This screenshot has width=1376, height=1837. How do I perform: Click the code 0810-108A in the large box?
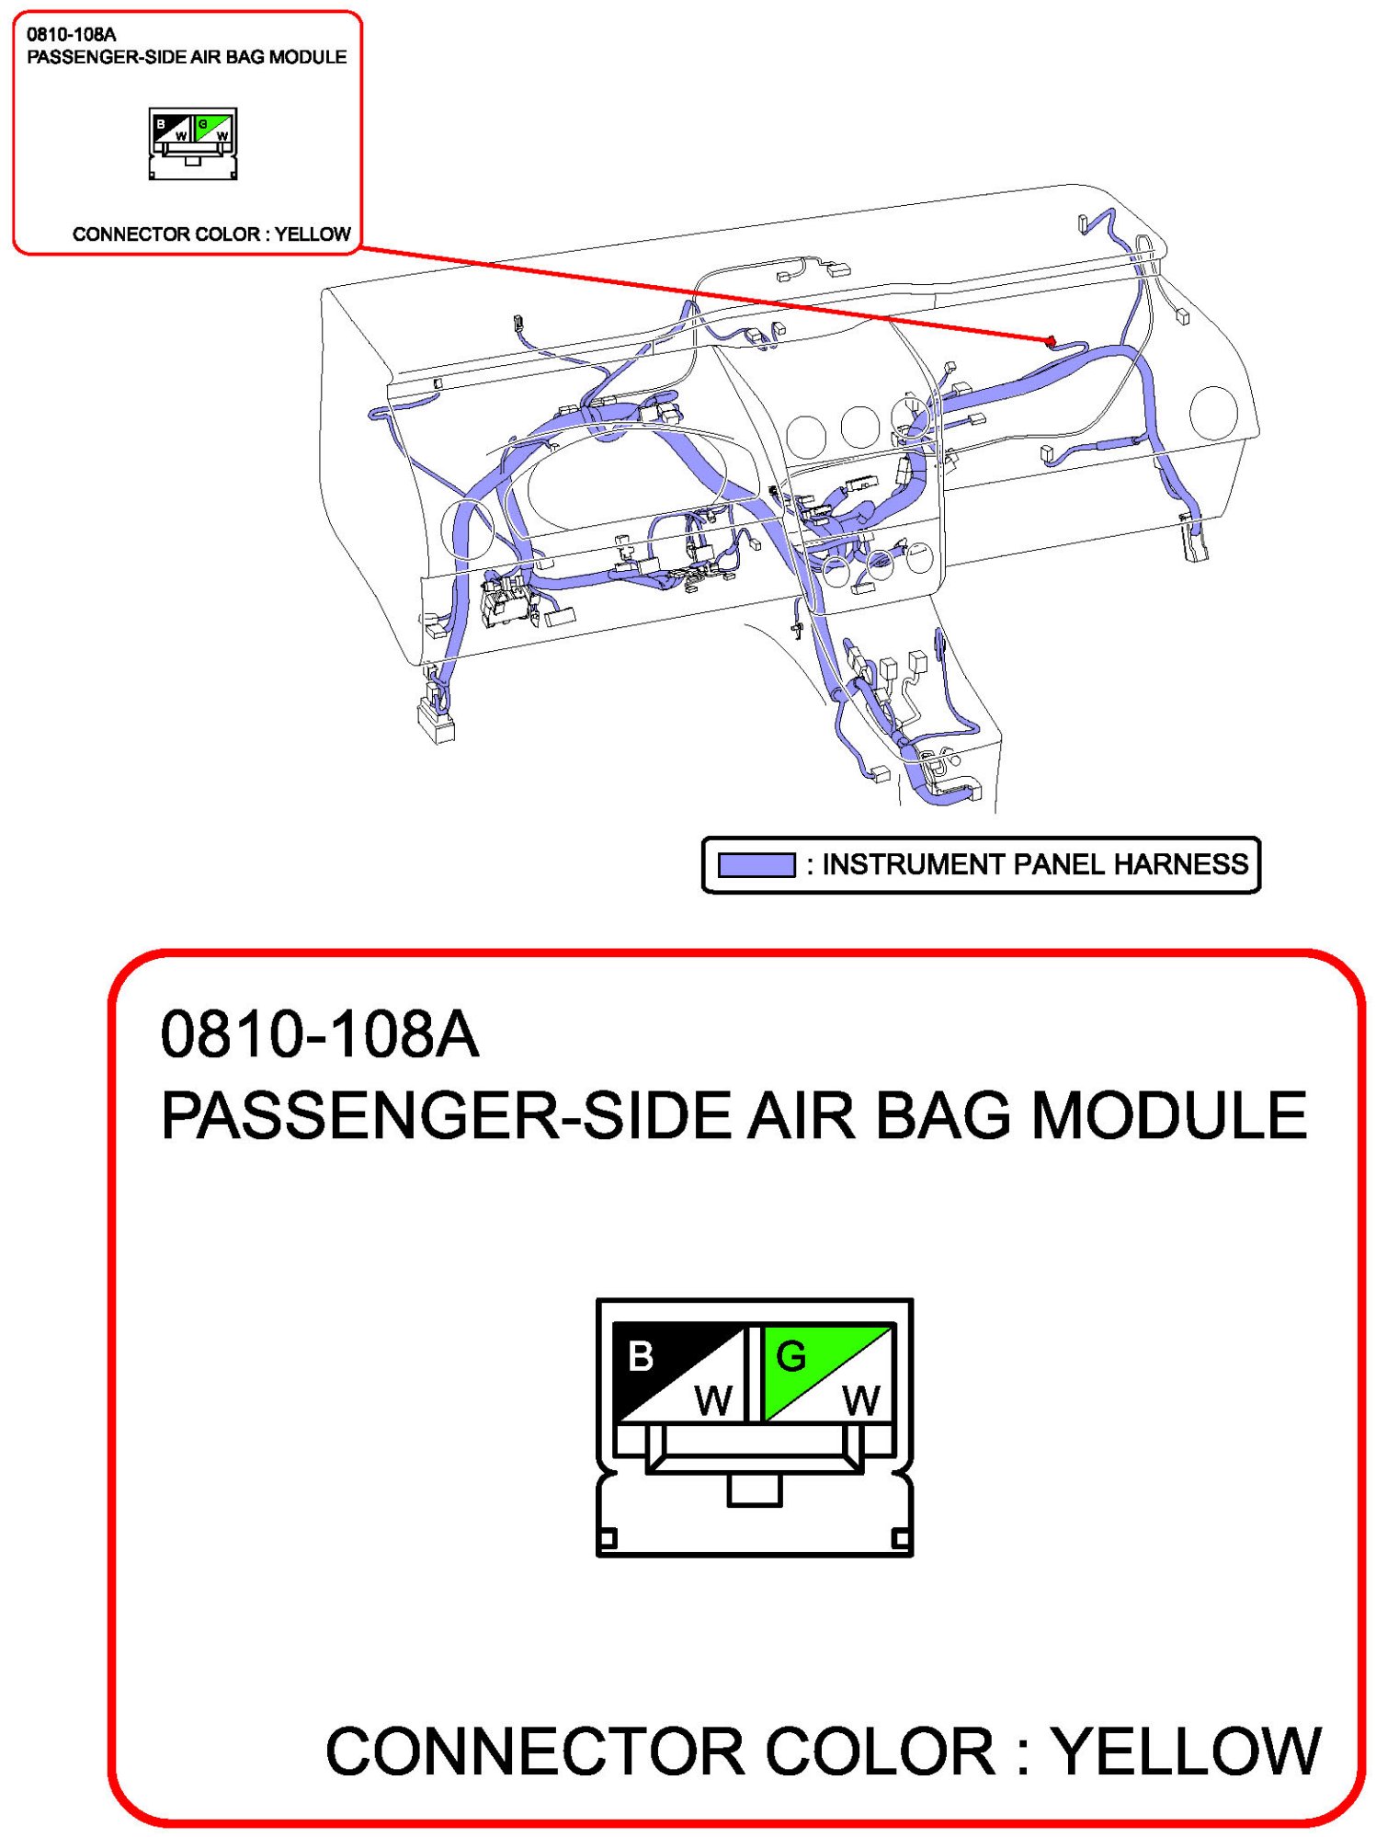coord(319,1033)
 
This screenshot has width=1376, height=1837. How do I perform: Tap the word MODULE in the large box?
coord(1169,1115)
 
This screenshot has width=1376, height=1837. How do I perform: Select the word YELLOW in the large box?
coord(1187,1751)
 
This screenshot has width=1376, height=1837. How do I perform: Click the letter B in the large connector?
coord(641,1356)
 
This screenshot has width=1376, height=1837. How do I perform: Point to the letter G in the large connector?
coord(790,1356)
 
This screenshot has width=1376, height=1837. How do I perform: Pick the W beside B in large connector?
coord(713,1401)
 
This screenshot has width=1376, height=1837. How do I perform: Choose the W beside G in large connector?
coord(861,1401)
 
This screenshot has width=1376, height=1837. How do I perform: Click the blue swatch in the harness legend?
coord(756,865)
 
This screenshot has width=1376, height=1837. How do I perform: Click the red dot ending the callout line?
coord(1051,341)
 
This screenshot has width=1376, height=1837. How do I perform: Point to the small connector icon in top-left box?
coord(193,143)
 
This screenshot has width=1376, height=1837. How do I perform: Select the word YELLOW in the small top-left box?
coord(313,234)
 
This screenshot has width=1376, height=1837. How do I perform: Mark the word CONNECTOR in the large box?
coord(535,1751)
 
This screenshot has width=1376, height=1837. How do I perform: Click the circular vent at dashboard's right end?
coord(1212,413)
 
